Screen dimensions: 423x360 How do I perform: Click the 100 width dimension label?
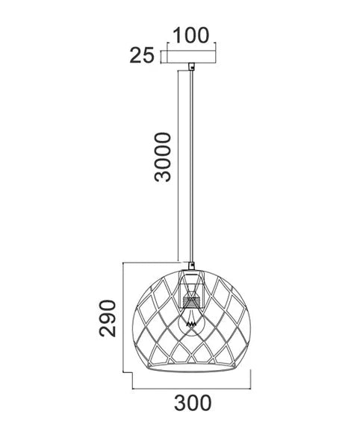(190, 34)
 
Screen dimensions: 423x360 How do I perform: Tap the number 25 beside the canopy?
(141, 54)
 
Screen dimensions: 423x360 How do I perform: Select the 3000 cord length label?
(160, 157)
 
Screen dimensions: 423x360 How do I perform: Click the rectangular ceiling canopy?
(191, 57)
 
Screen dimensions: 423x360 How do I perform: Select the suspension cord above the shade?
(193, 164)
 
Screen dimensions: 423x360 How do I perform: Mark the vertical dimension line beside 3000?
(178, 164)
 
